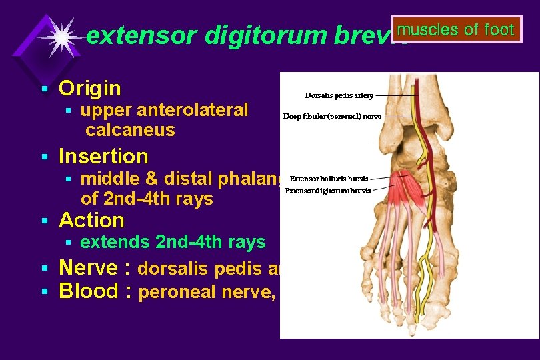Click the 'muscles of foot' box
coord(456,30)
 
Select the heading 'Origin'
coord(90,88)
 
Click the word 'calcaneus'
coord(130,129)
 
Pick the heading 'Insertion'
coord(103,156)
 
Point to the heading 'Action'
coord(91,220)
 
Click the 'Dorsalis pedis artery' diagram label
coord(339,95)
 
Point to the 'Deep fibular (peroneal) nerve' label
coord(332,116)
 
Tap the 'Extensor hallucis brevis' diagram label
coord(329,179)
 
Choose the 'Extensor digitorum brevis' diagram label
coord(327,191)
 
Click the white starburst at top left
coord(61,37)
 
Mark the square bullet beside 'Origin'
coord(44,89)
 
